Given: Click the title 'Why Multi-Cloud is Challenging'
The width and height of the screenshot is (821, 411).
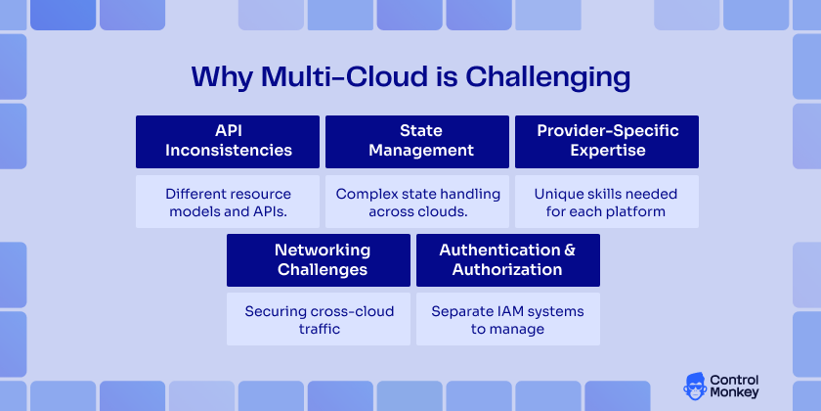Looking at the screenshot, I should [x=410, y=77].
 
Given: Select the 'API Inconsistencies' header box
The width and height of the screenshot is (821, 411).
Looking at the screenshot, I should [x=228, y=141].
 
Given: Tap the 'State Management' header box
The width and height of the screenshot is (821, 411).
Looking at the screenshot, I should [x=417, y=141].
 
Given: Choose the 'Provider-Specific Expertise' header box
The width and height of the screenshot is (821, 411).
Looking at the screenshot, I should [x=607, y=141].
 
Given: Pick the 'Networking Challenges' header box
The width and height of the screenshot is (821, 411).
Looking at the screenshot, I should [x=322, y=259].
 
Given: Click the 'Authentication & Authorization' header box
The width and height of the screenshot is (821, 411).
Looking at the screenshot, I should [x=507, y=259].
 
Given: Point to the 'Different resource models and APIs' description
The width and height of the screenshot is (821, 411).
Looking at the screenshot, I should [x=228, y=203].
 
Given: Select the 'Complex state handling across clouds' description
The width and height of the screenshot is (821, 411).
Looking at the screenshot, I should [x=417, y=203].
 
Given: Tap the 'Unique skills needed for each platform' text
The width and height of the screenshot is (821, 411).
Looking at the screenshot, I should [x=607, y=203].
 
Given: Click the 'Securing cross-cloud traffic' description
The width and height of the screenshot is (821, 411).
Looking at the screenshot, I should [x=319, y=320].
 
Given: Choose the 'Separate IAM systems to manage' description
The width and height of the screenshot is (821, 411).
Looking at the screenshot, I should [x=507, y=320].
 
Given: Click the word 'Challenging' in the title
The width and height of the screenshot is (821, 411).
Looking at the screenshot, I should [x=547, y=77].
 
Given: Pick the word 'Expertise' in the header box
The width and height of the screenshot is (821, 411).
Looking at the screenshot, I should [x=607, y=151].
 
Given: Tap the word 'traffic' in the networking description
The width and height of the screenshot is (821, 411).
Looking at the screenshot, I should [x=319, y=330].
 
